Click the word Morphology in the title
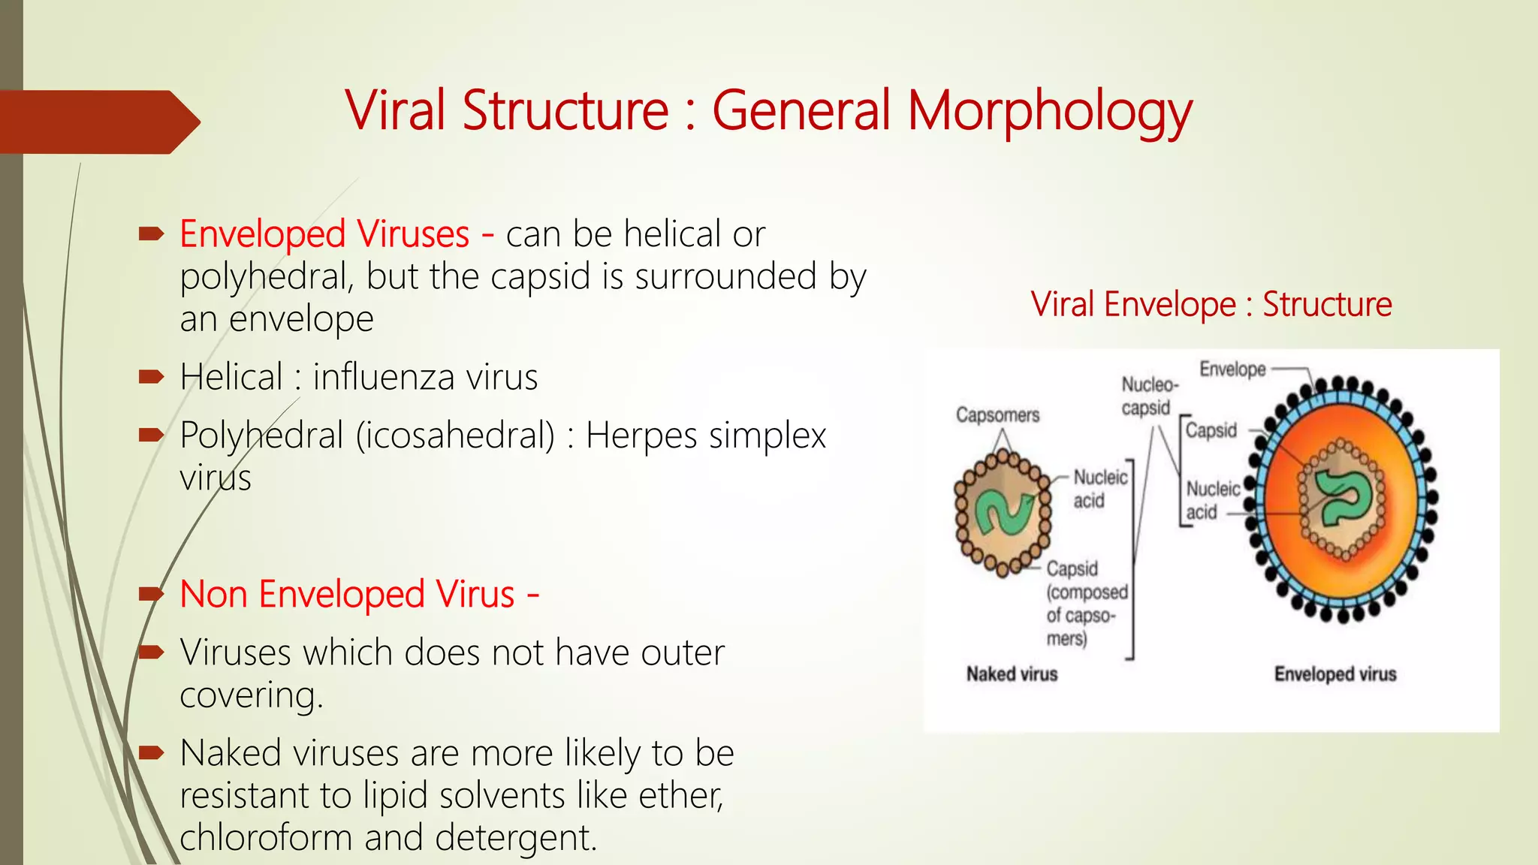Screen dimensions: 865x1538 (x=1049, y=111)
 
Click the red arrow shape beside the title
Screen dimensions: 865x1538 (x=98, y=122)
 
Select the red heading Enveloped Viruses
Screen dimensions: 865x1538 (x=324, y=234)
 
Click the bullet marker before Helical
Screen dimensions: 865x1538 (x=151, y=376)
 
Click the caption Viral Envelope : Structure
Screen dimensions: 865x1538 (x=1211, y=305)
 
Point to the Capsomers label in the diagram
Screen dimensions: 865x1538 (x=997, y=415)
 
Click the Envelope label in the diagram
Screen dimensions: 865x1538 (x=1232, y=369)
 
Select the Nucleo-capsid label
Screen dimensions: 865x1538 (x=1149, y=396)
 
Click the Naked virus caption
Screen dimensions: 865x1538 (x=1012, y=674)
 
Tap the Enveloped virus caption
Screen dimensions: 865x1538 (x=1334, y=674)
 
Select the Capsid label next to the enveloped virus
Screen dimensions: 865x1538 (x=1211, y=430)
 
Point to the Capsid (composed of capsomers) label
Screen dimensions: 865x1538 (x=1085, y=603)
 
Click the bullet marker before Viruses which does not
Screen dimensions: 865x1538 (x=151, y=652)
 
